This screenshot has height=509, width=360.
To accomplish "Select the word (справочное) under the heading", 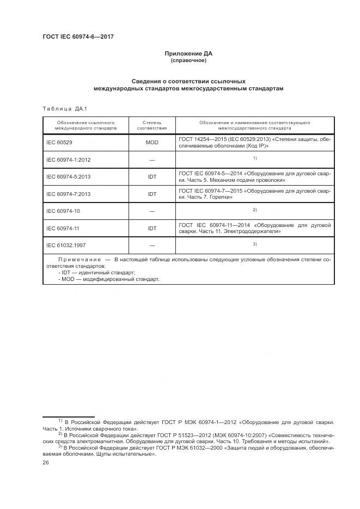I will [188, 60].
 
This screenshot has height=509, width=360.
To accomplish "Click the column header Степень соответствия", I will [152, 126].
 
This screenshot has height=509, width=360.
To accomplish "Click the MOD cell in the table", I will [152, 143].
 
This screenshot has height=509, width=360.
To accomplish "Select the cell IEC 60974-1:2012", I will [68, 160].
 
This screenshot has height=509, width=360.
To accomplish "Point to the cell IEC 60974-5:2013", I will [68, 177].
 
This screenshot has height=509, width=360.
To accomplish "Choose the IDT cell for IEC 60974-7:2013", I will [152, 194].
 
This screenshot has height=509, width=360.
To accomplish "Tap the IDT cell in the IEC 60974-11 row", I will [152, 228].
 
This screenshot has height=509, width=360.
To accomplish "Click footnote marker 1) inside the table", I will [254, 158].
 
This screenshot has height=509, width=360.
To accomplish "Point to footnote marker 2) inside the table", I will [254, 209].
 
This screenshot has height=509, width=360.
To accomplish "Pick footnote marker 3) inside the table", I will [254, 243].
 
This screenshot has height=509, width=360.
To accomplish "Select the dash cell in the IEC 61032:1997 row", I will [152, 245].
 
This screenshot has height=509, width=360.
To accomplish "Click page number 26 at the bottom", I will [46, 462].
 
